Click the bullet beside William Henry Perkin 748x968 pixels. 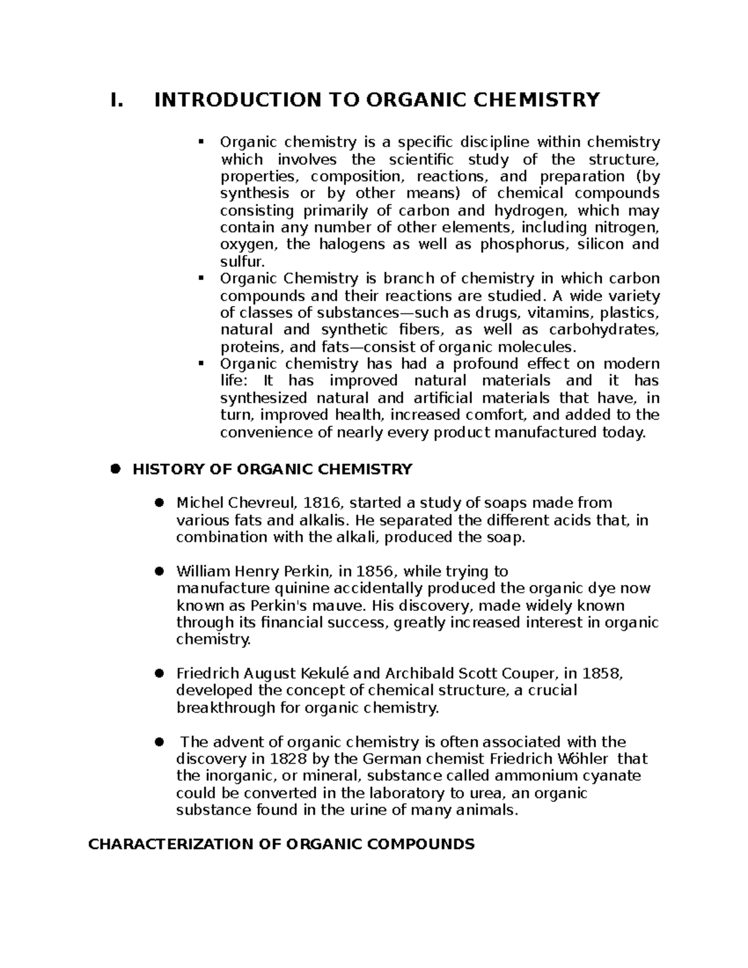coord(159,571)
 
